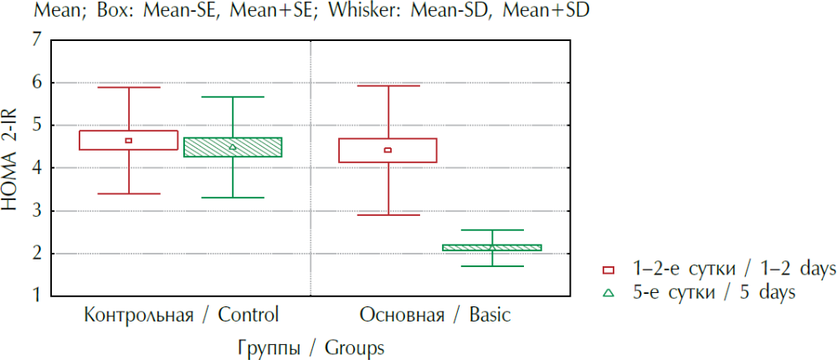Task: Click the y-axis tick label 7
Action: click(x=35, y=39)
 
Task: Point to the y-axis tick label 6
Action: click(x=35, y=82)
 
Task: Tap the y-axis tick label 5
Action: click(x=35, y=125)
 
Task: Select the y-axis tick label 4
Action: click(x=35, y=167)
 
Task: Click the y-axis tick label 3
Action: click(x=35, y=210)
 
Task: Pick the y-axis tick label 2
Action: click(x=35, y=253)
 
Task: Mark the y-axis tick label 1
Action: click(x=35, y=296)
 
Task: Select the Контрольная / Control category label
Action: click(x=181, y=316)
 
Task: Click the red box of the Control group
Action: click(x=129, y=140)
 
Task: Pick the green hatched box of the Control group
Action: click(x=233, y=147)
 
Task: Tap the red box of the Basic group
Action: click(x=388, y=150)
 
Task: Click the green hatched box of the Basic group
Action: click(x=491, y=248)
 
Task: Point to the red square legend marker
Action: click(x=608, y=270)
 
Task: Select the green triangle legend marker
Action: click(x=608, y=292)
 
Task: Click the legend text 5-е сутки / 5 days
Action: click(x=711, y=292)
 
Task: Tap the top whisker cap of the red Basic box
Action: click(x=388, y=85)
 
